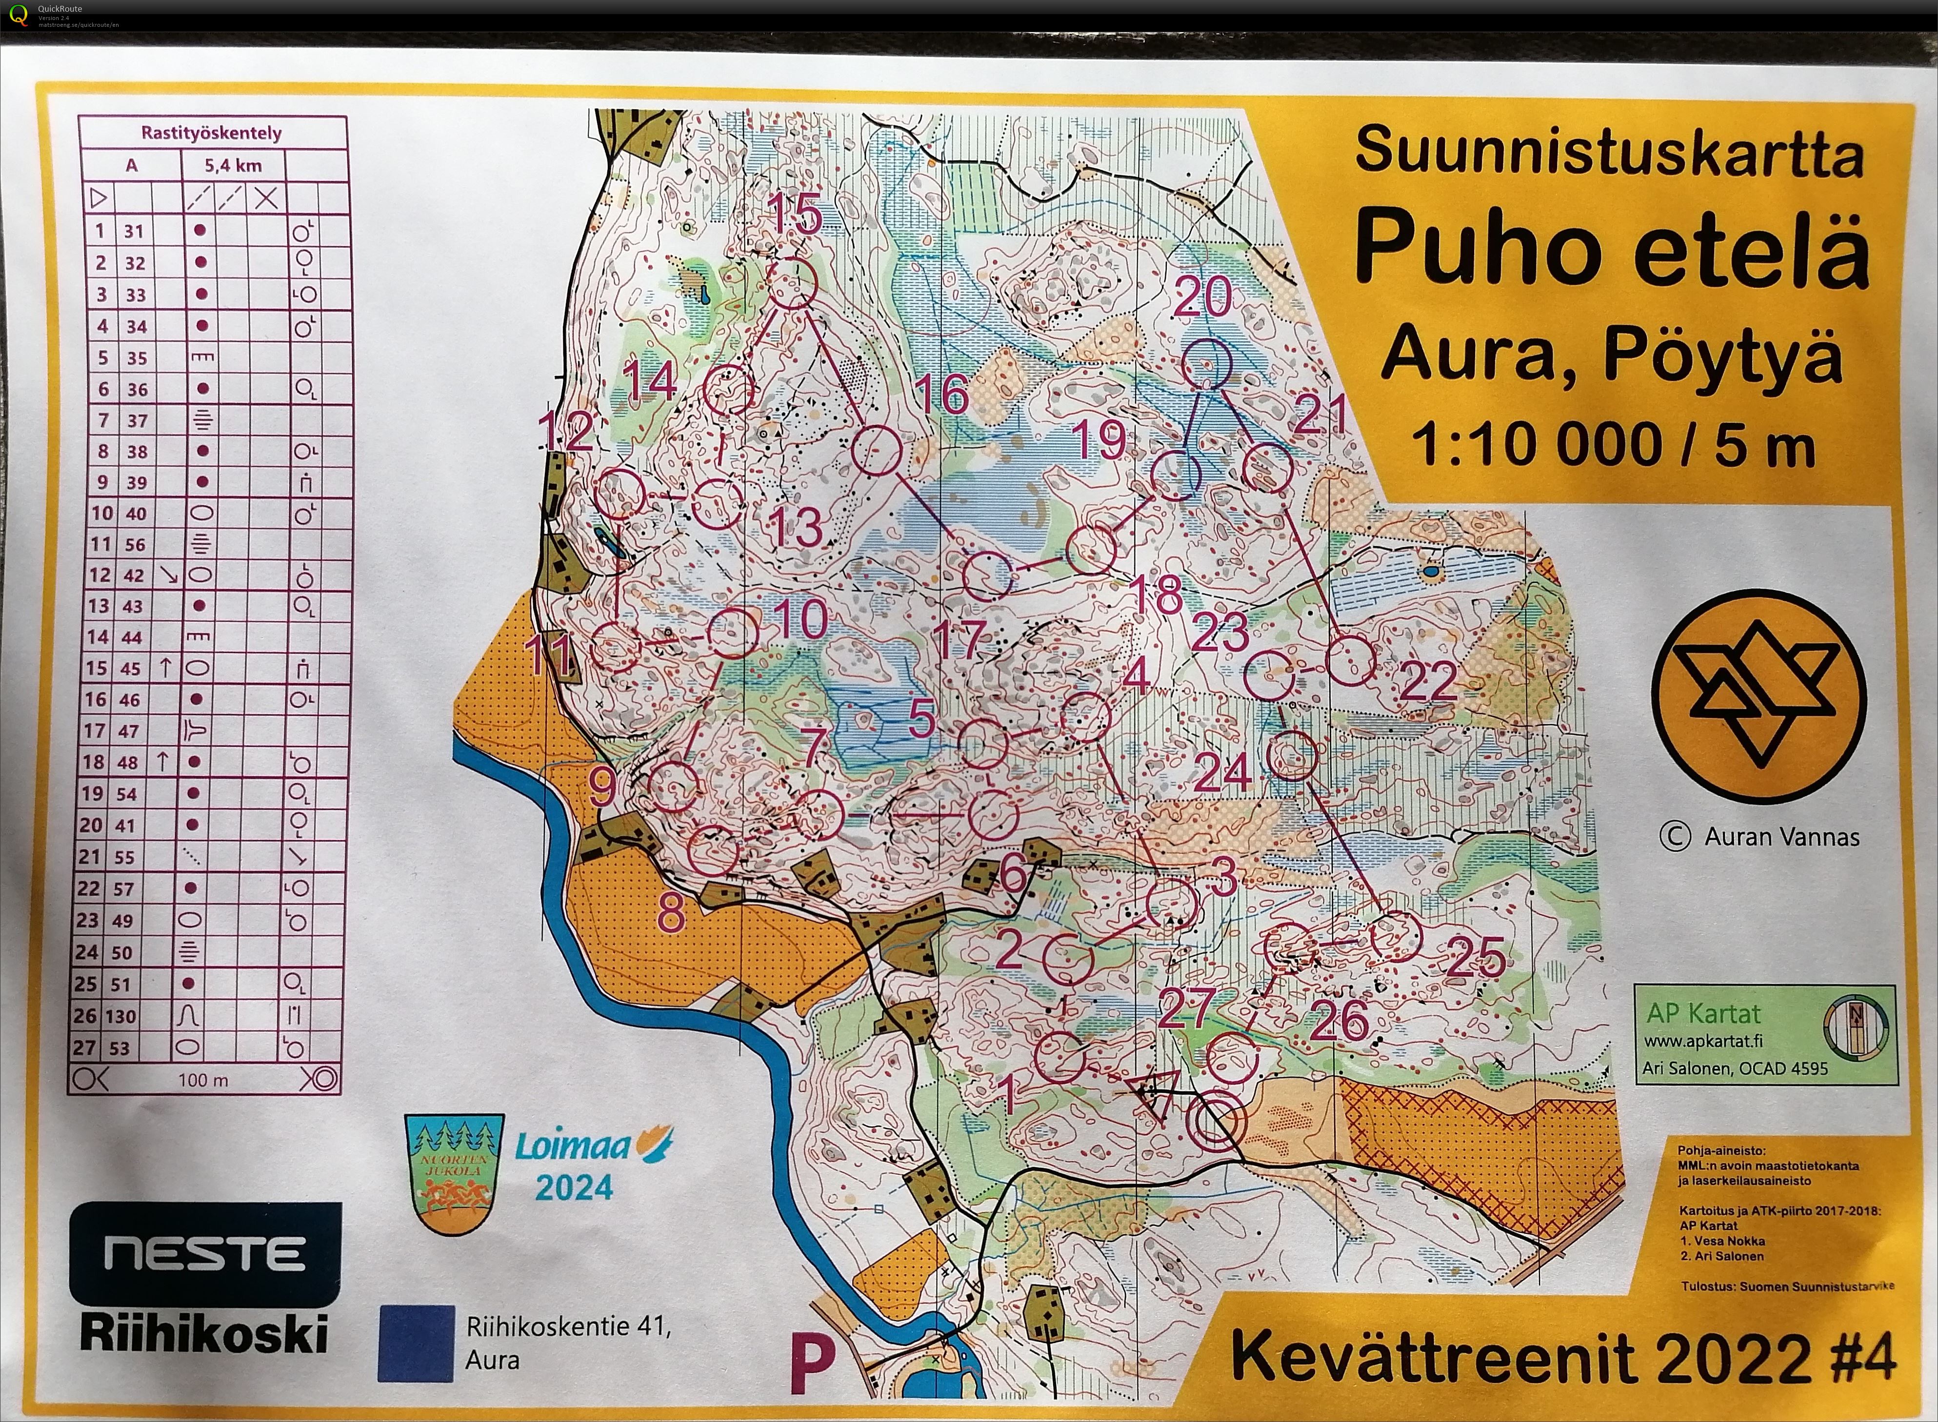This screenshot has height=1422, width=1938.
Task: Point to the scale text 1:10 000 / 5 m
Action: tap(1613, 446)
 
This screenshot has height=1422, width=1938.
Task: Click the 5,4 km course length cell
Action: tap(233, 164)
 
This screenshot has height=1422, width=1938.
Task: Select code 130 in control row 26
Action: tap(121, 1016)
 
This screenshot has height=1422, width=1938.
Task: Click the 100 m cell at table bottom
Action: tap(203, 1079)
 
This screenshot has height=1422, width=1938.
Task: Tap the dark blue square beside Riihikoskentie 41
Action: tap(416, 1343)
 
